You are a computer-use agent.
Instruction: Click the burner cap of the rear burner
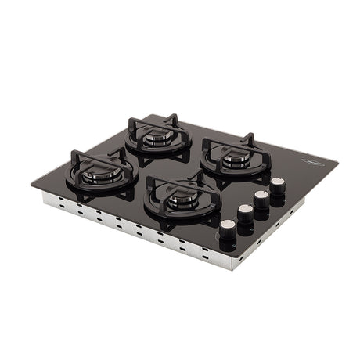coord(153,138)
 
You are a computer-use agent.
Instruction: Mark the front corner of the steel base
coord(232,268)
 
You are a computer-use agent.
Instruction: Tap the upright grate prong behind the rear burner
coord(174,119)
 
